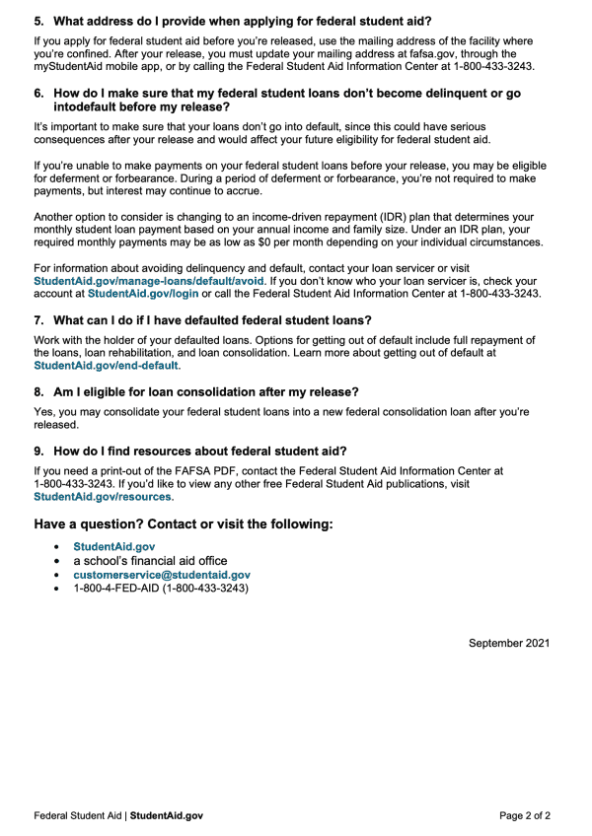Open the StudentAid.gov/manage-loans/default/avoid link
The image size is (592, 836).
coord(148,281)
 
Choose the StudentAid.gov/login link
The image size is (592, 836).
coord(143,294)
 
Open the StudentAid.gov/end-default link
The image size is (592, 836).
coord(107,366)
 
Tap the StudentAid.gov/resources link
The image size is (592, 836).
coord(103,497)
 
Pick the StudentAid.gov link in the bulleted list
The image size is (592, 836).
coord(113,546)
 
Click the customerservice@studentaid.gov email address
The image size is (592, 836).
coord(162,574)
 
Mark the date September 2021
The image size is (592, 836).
coord(509,643)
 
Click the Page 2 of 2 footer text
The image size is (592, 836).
coord(525,815)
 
